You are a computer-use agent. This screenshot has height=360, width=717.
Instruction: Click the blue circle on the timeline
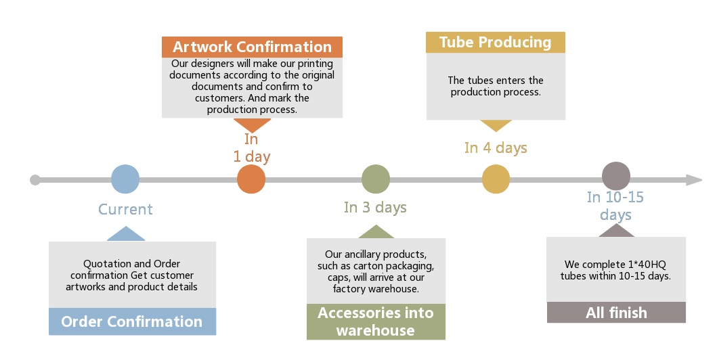click(125, 179)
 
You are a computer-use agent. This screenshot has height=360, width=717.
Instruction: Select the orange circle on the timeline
click(251, 179)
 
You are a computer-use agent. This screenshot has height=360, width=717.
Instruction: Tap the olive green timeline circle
click(376, 179)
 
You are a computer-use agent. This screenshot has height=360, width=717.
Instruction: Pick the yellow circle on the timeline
click(496, 179)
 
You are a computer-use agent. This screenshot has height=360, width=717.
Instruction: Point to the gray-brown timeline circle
click(616, 176)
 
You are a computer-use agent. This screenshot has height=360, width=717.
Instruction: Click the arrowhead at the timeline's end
click(694, 180)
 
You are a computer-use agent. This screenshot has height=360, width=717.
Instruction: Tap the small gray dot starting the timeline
click(35, 180)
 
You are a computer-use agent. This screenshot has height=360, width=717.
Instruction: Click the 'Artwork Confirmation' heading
click(252, 47)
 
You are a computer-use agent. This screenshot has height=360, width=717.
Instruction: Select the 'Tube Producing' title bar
click(496, 42)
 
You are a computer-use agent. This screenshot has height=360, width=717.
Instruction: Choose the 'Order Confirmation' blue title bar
click(132, 322)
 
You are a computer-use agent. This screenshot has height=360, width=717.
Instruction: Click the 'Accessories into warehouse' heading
click(376, 322)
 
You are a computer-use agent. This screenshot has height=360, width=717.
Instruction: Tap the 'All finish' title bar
click(616, 313)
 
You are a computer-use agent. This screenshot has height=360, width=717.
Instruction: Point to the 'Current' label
click(125, 210)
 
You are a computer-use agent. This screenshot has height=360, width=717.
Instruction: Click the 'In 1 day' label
click(252, 148)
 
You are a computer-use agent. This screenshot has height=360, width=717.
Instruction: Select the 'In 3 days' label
click(375, 208)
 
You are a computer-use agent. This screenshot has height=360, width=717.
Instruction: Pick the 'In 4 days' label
click(496, 148)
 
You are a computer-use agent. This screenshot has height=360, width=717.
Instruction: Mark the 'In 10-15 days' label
click(615, 206)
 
